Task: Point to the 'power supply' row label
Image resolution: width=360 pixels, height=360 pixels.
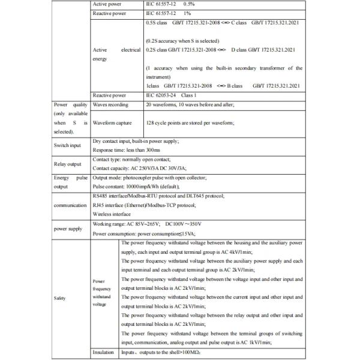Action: pos(67,229)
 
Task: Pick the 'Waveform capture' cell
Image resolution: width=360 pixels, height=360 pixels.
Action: pos(112,123)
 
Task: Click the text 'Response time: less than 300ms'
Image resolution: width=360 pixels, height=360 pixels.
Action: pos(129,150)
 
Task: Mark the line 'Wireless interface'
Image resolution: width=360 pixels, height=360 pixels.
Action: pos(115,214)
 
